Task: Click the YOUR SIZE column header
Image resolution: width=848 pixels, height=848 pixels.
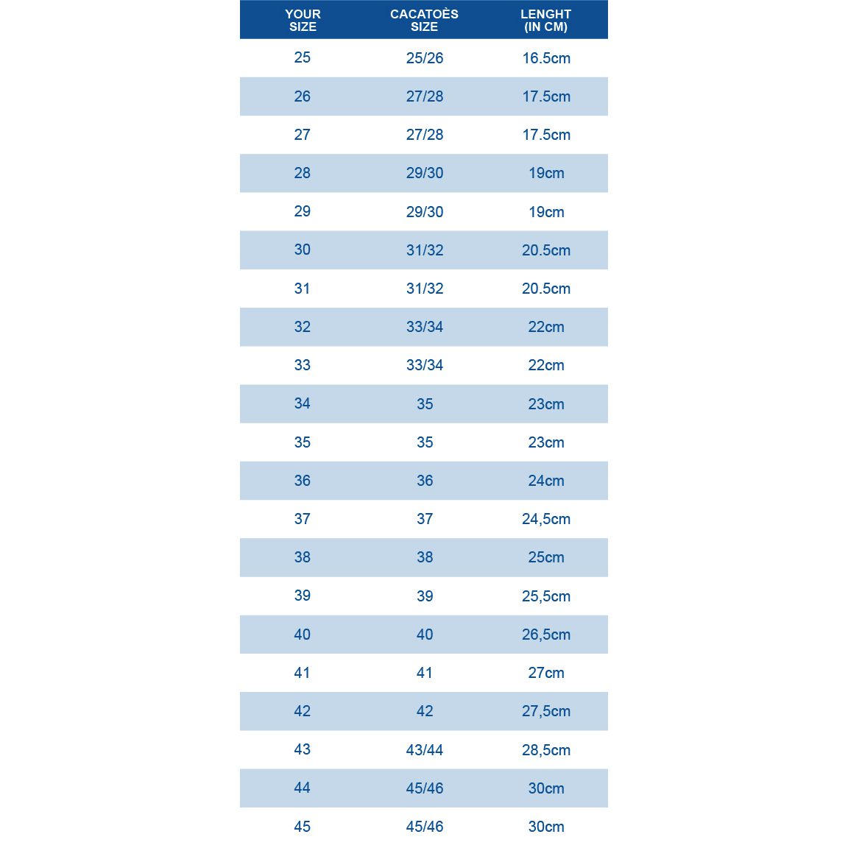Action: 303,20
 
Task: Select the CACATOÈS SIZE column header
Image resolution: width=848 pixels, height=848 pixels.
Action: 424,20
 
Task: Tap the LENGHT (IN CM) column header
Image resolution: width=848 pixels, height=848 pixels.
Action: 545,20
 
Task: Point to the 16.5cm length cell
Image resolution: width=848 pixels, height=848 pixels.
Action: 546,58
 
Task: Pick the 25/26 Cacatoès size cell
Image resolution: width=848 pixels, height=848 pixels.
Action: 425,58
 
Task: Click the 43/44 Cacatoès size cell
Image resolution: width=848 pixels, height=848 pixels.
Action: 425,750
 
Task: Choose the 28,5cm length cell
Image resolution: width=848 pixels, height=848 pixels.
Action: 546,750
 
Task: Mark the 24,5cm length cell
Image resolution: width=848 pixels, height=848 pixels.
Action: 546,519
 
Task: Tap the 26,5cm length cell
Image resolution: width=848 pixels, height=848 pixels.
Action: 546,635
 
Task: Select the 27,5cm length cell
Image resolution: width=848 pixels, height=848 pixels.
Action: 546,711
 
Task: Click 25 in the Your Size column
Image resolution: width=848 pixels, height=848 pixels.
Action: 303,57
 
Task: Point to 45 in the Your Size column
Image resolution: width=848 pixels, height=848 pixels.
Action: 303,827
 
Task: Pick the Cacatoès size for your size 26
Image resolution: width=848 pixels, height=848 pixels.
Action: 425,96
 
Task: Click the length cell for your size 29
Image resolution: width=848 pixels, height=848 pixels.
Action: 546,212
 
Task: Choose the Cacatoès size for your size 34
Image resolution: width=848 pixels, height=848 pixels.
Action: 425,404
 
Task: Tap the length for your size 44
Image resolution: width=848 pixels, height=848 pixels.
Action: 546,788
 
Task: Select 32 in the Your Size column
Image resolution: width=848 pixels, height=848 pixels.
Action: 303,327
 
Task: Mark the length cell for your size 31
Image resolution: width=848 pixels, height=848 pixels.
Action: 546,289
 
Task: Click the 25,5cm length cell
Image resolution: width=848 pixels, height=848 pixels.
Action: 546,596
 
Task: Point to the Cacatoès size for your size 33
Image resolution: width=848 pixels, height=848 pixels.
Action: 425,365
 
